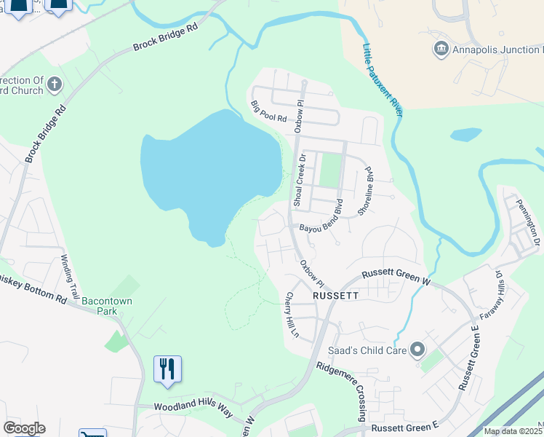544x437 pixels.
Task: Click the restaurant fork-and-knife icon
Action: coord(168,369)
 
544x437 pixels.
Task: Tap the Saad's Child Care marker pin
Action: coord(417,350)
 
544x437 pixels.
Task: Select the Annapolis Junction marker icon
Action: coord(441,50)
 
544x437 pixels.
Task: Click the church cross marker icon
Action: coord(54,86)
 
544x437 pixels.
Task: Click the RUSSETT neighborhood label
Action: coord(335,296)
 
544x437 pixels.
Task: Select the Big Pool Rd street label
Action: coord(269,113)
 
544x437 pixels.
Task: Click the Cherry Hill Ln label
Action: coord(292,315)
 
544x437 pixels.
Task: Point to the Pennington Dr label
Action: coord(528,221)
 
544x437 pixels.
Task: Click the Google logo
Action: coord(24,428)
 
